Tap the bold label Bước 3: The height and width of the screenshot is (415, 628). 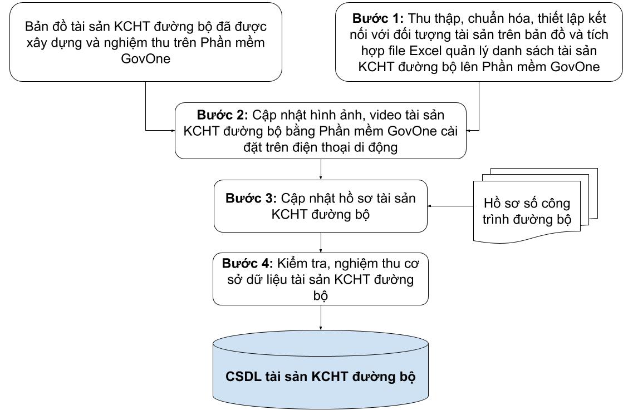coord(251,199)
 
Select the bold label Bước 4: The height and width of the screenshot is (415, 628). coord(246,262)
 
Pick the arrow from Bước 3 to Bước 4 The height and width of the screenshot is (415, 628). coord(322,242)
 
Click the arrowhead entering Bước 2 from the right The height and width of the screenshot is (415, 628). coord(469,131)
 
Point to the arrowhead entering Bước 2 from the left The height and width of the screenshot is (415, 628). coord(173,131)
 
